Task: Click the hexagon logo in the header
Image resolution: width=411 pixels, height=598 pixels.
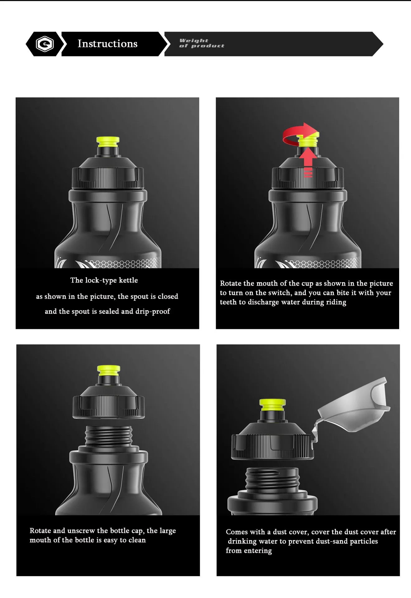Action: coord(45,44)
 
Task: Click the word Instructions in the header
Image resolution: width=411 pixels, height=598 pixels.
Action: coord(107,44)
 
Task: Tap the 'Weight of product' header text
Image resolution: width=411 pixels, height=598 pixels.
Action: coord(201,43)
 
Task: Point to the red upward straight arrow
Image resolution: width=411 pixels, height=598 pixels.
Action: coord(308,162)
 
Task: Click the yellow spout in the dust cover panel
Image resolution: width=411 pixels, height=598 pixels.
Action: coord(272,405)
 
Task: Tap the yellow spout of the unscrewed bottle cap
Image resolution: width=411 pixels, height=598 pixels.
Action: coord(108,370)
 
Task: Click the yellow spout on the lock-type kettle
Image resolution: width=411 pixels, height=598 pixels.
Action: coord(108,142)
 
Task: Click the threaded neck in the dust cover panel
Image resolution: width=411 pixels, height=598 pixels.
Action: coord(272,479)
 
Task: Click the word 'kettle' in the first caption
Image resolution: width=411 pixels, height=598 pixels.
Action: coord(128,280)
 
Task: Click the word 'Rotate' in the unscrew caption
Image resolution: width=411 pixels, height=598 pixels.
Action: coord(40,530)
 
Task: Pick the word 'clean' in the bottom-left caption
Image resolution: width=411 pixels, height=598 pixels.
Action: coord(137,540)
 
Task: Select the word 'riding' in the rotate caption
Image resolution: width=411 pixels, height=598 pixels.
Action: coord(336,302)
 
